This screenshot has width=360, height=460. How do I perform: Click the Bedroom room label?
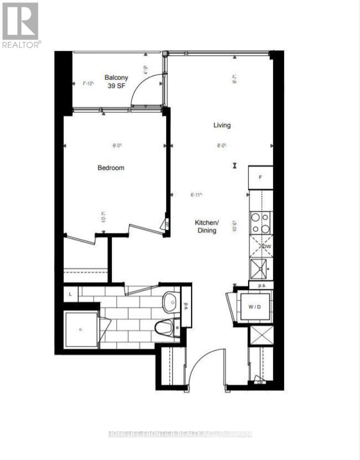(111, 168)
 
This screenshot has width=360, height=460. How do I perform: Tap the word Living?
(222, 125)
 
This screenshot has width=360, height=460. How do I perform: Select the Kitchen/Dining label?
(206, 227)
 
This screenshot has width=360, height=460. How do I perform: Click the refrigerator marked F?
(260, 178)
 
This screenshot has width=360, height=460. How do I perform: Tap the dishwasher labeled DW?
(261, 246)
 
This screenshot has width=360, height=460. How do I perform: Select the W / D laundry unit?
(255, 307)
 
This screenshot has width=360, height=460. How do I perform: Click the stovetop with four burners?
(260, 223)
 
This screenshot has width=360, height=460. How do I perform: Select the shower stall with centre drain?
(80, 329)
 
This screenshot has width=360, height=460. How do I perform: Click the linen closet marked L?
(70, 294)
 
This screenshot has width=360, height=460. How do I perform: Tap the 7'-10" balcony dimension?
(88, 83)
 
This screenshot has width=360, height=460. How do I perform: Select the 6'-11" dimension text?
(196, 195)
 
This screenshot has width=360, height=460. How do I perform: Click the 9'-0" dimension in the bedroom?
(117, 145)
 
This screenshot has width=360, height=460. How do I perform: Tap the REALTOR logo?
(21, 25)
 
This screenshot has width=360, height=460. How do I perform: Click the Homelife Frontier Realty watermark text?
(180, 434)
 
